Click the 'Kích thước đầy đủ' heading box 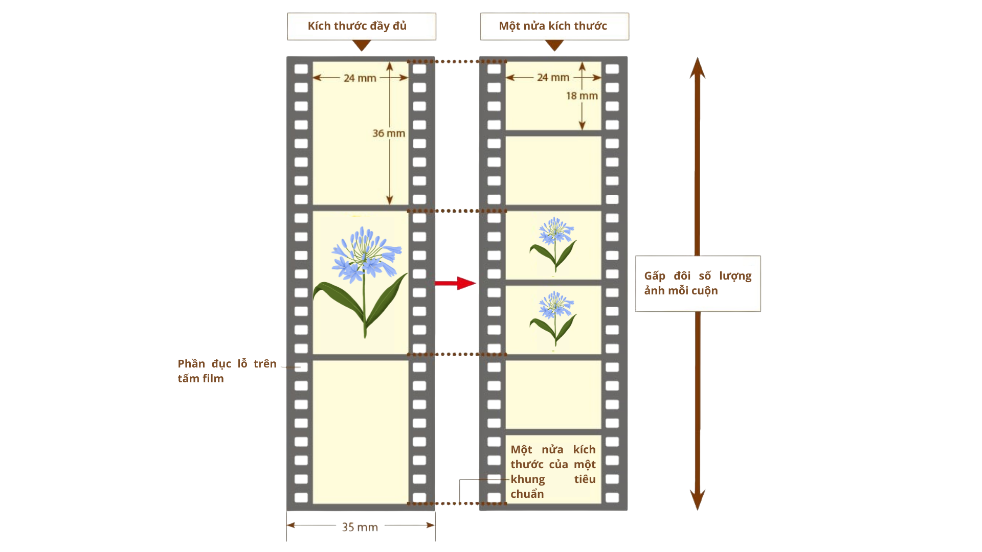[x=361, y=26]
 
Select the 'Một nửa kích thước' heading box [x=554, y=26]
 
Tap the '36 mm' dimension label [x=389, y=133]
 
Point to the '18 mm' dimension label [x=582, y=96]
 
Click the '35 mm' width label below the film [x=360, y=527]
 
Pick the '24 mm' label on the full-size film [x=360, y=78]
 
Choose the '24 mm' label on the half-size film [x=553, y=78]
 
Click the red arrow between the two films [x=455, y=283]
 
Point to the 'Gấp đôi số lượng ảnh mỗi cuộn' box [x=698, y=283]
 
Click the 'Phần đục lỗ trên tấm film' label [x=227, y=371]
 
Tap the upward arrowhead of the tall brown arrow [x=697, y=68]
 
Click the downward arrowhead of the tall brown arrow [x=697, y=499]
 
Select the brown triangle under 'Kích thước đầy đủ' [x=362, y=45]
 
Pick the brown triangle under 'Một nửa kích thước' [x=554, y=45]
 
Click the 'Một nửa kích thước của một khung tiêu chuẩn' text [x=553, y=471]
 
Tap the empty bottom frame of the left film [x=360, y=432]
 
